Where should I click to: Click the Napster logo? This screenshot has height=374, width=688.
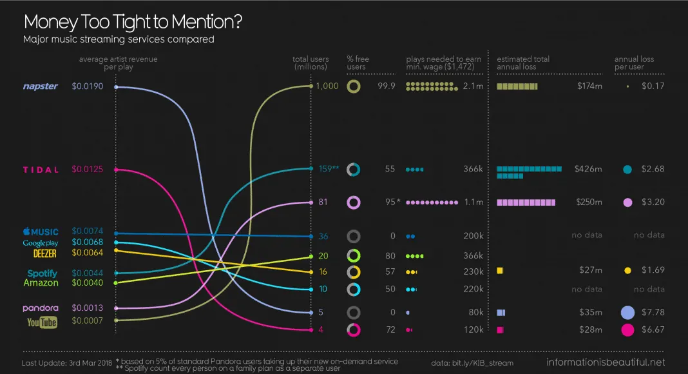coord(41,86)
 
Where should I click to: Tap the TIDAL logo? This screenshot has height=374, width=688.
coord(41,170)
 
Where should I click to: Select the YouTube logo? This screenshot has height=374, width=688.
coord(42,322)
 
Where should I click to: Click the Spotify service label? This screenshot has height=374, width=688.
coord(43,273)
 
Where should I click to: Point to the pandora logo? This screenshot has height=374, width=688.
coord(41,308)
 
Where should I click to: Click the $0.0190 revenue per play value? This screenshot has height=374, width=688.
coord(88,86)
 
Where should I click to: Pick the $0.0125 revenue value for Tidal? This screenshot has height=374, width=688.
coord(88,170)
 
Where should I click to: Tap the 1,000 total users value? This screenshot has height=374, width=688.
coord(327,86)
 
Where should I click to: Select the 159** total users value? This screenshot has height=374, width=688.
coord(329,169)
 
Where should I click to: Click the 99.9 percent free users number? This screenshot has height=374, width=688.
coord(387,86)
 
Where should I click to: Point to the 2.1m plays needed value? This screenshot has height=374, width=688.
coord(473,86)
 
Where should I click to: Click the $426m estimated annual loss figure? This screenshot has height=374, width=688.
coord(588,169)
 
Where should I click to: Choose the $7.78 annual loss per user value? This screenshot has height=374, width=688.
coord(653,313)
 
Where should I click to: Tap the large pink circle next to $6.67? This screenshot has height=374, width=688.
coord(627,330)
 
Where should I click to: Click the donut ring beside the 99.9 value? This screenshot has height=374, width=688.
coord(353,86)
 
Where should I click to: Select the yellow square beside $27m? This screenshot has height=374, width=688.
coord(500,271)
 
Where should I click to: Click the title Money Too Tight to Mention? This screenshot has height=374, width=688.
coord(133,22)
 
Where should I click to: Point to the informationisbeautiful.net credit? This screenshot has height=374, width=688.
coord(606,362)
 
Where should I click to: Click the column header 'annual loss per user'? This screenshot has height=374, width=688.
coord(634,63)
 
